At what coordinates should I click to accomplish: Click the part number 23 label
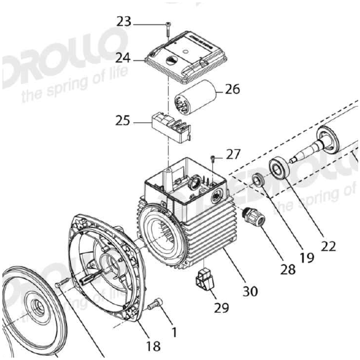(124, 22)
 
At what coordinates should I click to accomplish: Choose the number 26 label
(232, 90)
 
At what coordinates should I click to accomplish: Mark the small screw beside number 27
(213, 158)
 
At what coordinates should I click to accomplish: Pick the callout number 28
(288, 269)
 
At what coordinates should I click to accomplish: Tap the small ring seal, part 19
(259, 180)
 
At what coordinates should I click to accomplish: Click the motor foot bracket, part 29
(205, 281)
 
